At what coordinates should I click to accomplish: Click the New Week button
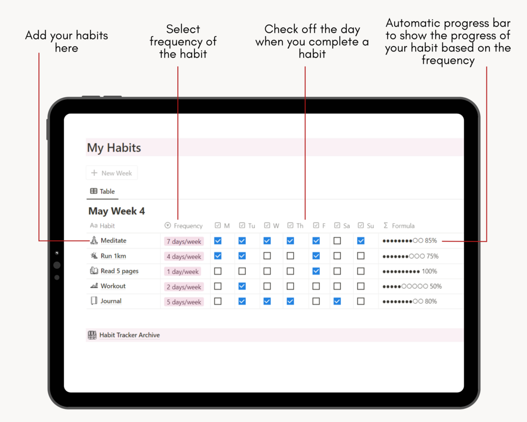pyautogui.click(x=112, y=173)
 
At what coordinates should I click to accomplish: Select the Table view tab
pyautogui.click(x=102, y=192)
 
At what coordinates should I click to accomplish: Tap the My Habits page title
pyautogui.click(x=114, y=147)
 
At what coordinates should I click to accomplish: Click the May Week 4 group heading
pyautogui.click(x=116, y=211)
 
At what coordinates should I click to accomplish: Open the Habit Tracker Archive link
pyautogui.click(x=130, y=335)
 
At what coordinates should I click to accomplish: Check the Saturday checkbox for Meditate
pyautogui.click(x=337, y=240)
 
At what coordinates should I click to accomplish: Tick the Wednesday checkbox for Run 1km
pyautogui.click(x=267, y=256)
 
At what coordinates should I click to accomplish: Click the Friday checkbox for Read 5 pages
pyautogui.click(x=316, y=271)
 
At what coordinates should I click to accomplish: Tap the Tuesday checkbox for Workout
pyautogui.click(x=242, y=286)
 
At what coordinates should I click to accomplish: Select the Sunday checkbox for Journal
pyautogui.click(x=361, y=301)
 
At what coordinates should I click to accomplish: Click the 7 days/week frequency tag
pyautogui.click(x=184, y=241)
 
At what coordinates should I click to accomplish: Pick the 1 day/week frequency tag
pyautogui.click(x=182, y=271)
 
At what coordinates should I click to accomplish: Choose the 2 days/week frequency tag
pyautogui.click(x=184, y=287)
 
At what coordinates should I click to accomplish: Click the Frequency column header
pyautogui.click(x=184, y=226)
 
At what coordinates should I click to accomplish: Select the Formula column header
pyautogui.click(x=399, y=226)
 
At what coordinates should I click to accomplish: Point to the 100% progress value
pyautogui.click(x=429, y=271)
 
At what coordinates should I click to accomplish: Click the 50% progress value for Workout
pyautogui.click(x=436, y=287)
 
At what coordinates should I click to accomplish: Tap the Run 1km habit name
pyautogui.click(x=113, y=256)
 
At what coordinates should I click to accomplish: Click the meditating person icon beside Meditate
pyautogui.click(x=94, y=240)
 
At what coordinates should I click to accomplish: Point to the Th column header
pyautogui.click(x=295, y=226)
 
